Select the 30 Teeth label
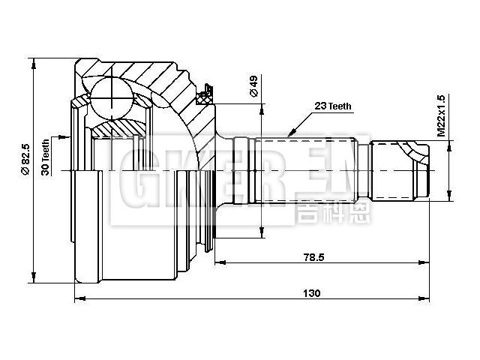tap(46, 157)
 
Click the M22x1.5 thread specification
tap(442, 115)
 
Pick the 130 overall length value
tap(313, 292)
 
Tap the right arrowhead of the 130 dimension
tap(430, 300)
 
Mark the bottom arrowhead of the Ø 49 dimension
tap(262, 234)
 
